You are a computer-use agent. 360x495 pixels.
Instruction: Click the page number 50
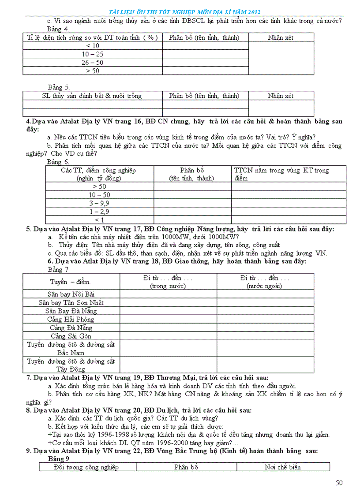pos(339,483)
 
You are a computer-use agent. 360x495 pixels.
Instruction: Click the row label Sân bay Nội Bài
pos(71,294)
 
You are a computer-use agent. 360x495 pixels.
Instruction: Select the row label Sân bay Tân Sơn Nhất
pos(71,302)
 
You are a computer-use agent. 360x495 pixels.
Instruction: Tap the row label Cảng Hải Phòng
pos(71,319)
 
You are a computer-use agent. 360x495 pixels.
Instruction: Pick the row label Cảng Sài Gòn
pos(71,336)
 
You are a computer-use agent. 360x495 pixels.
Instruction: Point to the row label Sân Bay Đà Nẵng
pos(71,311)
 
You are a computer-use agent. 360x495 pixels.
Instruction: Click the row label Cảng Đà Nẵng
pos(71,328)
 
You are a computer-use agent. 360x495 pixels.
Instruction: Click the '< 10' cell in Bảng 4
pos(93,46)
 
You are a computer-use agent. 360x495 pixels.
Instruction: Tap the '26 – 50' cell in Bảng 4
pos(93,63)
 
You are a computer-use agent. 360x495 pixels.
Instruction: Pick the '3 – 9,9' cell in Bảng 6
pos(100,203)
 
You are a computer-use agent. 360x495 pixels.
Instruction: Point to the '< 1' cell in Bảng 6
pos(100,220)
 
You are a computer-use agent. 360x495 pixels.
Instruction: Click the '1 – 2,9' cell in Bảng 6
pos(100,212)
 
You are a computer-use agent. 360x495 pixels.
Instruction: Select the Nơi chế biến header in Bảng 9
pos(283,467)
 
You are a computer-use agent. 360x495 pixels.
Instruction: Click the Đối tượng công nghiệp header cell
pos(86,467)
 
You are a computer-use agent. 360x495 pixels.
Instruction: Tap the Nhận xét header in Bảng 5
pos(281,96)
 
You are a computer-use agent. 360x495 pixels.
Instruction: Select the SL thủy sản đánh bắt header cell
pos(92,96)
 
